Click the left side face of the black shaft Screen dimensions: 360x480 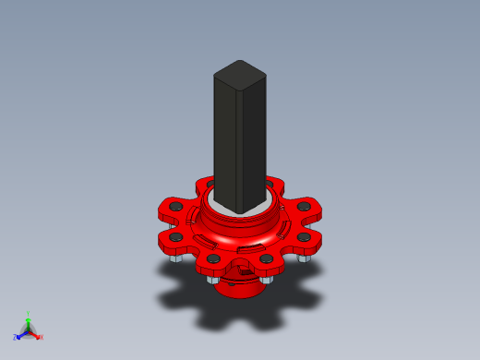click(x=225, y=138)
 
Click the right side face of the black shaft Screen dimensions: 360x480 click(x=252, y=143)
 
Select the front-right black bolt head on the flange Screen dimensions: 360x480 click(x=267, y=259)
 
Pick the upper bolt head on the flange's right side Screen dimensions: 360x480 click(x=303, y=207)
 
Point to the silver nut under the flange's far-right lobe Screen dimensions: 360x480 click(x=304, y=257)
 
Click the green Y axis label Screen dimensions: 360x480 click(x=29, y=315)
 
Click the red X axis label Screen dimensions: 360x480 click(x=42, y=337)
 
